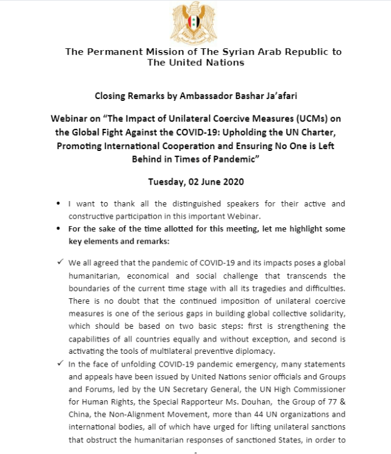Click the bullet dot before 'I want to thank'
[58, 202]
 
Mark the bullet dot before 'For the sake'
[58, 229]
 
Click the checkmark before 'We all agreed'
[59, 262]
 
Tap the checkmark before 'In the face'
[59, 364]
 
